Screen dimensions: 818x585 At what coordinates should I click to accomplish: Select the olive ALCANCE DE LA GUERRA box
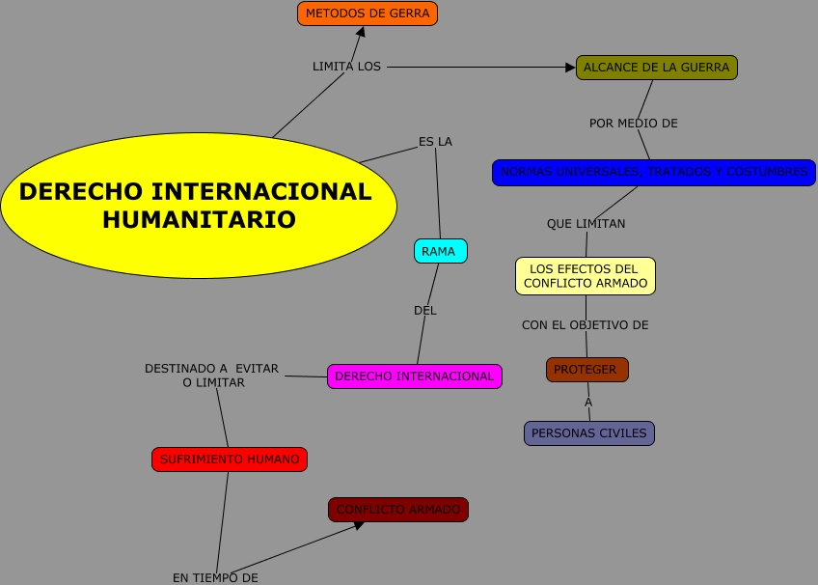(x=657, y=68)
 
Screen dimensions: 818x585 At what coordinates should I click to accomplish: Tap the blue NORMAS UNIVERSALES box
(x=653, y=173)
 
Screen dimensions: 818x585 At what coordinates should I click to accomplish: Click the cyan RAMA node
(x=441, y=251)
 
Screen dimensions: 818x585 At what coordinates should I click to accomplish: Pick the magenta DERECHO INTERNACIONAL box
(x=415, y=376)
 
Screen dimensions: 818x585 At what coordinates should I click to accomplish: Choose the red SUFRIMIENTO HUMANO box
(x=230, y=460)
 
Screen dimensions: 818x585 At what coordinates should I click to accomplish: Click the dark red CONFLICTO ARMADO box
(x=398, y=510)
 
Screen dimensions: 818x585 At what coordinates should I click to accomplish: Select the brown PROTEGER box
(x=586, y=370)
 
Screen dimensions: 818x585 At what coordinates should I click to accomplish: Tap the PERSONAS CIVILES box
(x=589, y=433)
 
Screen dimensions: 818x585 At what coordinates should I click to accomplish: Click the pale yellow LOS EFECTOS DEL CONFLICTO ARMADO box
(x=586, y=276)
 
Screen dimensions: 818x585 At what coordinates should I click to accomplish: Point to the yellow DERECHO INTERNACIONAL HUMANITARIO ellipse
(x=198, y=205)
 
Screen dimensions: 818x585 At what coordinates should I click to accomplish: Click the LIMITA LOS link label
(x=346, y=67)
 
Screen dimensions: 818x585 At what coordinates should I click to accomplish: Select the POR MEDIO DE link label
(x=634, y=124)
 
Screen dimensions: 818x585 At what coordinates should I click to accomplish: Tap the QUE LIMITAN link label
(x=586, y=224)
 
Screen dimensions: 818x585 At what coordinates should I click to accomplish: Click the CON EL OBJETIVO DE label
(x=585, y=325)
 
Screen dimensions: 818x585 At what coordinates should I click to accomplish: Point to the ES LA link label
(x=435, y=142)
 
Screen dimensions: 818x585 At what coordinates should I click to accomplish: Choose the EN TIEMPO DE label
(x=215, y=577)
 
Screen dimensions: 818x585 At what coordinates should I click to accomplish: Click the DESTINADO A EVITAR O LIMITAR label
(x=212, y=376)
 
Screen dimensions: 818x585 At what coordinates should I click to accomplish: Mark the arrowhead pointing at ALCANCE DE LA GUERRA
(x=570, y=68)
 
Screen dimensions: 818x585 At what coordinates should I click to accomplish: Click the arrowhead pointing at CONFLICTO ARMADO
(x=359, y=524)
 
